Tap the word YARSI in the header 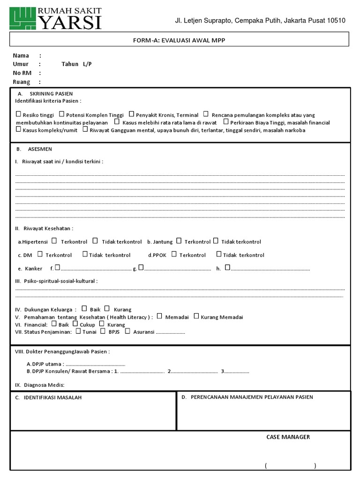[71, 22]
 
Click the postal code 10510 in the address [335, 20]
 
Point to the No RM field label [21, 73]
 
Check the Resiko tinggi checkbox [18, 114]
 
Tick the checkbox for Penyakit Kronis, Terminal [132, 114]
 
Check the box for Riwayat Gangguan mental [85, 129]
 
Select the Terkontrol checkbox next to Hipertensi [54, 241]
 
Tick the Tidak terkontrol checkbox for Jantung [216, 241]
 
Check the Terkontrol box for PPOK [174, 254]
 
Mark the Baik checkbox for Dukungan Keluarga [84, 308]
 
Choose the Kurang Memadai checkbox [196, 316]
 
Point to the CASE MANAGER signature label [288, 437]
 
